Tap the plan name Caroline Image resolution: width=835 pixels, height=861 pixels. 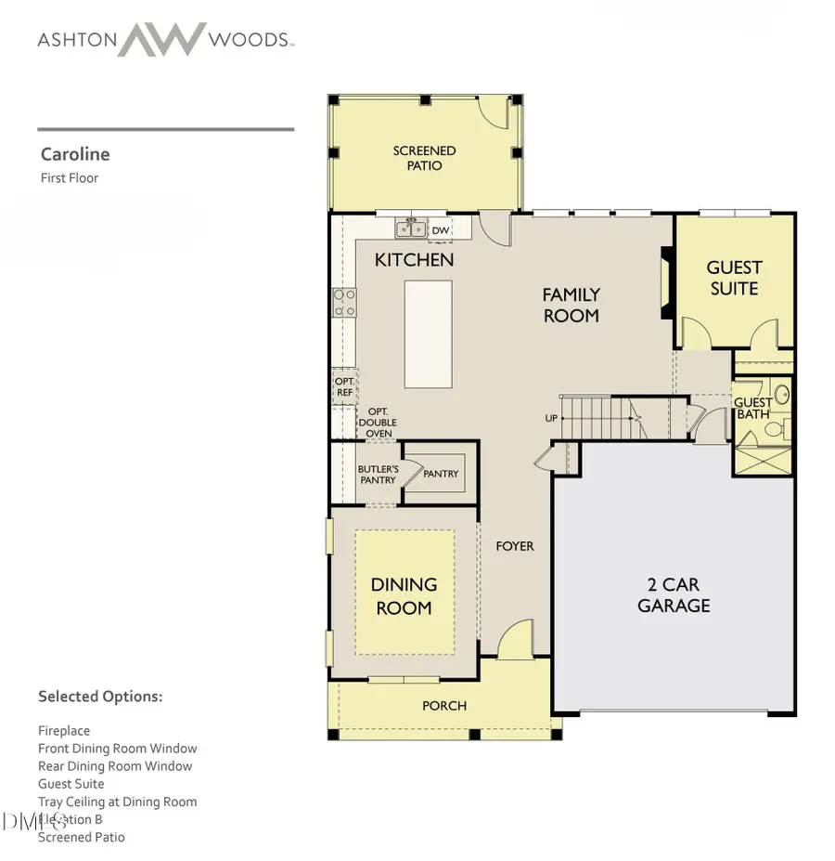point(75,154)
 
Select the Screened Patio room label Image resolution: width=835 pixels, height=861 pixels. point(424,158)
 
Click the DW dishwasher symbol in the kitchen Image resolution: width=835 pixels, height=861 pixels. point(441,230)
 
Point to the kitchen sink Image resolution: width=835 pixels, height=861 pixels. point(409,228)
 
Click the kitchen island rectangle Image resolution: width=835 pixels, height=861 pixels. point(428,334)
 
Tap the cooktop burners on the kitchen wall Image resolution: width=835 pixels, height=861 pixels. point(344,303)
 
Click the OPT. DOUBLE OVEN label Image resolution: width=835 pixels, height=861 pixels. point(377,423)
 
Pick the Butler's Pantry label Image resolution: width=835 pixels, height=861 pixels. point(378,475)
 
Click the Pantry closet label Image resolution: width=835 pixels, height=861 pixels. point(441,474)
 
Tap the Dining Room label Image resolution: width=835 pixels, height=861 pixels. point(404,596)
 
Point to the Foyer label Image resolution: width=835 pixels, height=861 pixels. point(515,546)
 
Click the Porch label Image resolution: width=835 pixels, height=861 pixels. point(444,706)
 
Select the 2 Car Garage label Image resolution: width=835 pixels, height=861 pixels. point(674,595)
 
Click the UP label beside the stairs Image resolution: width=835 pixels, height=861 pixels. point(551,418)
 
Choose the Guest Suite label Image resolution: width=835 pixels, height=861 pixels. point(734,278)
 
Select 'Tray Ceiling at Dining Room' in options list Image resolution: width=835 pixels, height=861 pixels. point(117,802)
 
